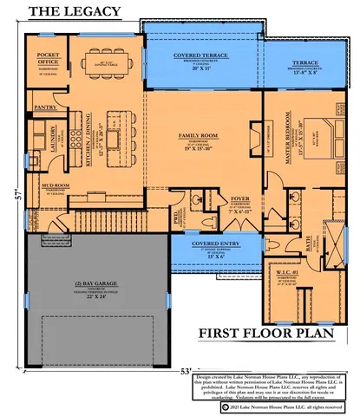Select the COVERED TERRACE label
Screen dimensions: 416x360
coord(200,55)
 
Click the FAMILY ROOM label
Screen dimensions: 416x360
coord(201,136)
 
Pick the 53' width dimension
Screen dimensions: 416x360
coord(186,370)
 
